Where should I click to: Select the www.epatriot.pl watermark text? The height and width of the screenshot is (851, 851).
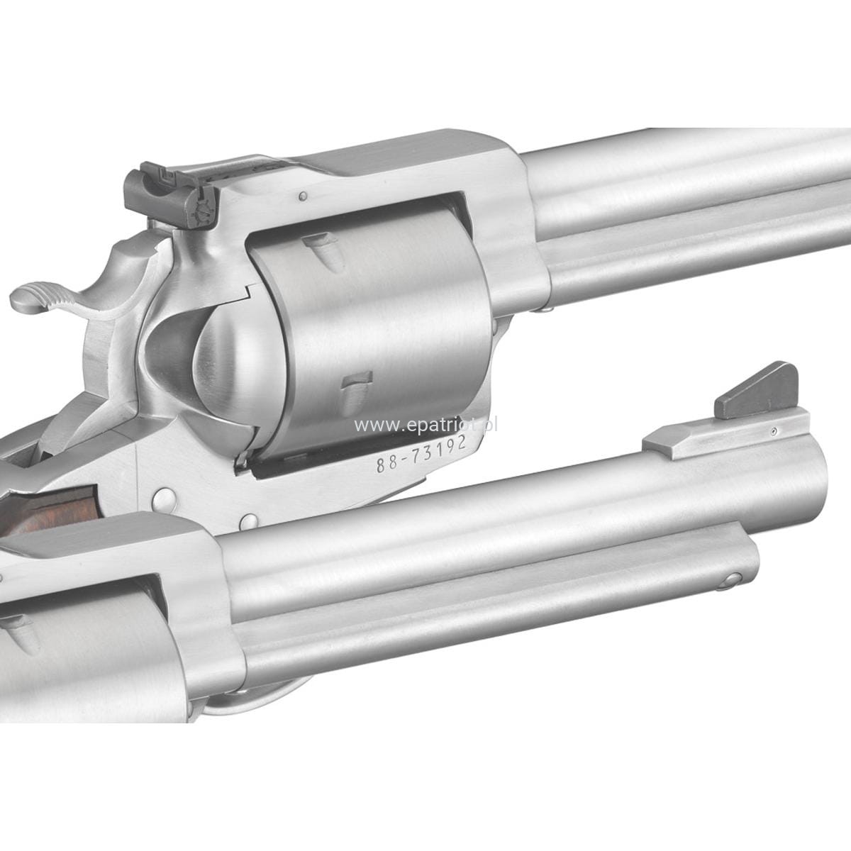point(426,425)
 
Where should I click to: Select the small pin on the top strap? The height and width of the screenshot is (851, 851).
point(303,196)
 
